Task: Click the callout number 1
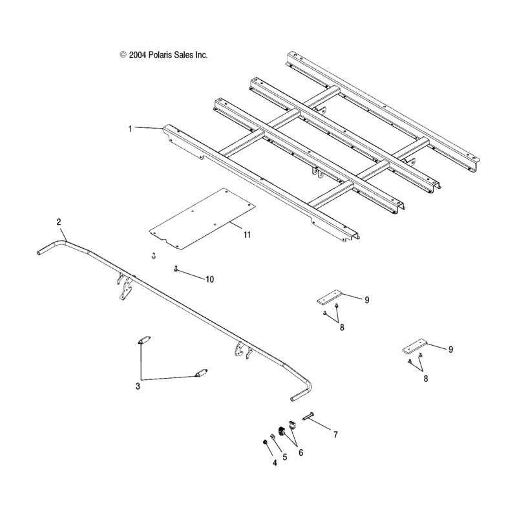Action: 131,129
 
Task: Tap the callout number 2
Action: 59,222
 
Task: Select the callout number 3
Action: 138,386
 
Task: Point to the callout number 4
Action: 275,463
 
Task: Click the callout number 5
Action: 285,457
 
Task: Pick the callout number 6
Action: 301,453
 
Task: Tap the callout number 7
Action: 335,435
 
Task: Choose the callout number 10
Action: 209,280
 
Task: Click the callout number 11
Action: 247,235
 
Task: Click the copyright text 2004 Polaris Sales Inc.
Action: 168,55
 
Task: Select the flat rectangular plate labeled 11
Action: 202,219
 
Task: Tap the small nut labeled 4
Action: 264,442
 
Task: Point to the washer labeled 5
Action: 273,437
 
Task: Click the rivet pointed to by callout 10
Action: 175,269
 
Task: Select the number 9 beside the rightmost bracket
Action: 450,350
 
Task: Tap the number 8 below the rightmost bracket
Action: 426,379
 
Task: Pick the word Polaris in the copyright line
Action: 159,55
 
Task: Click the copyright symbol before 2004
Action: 123,55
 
